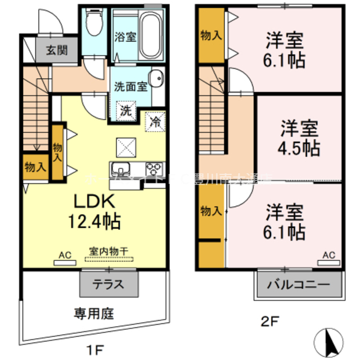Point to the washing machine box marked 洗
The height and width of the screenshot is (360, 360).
(x=126, y=110)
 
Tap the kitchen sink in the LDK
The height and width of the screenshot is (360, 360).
(x=121, y=168)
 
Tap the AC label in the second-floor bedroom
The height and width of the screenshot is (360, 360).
(x=329, y=256)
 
